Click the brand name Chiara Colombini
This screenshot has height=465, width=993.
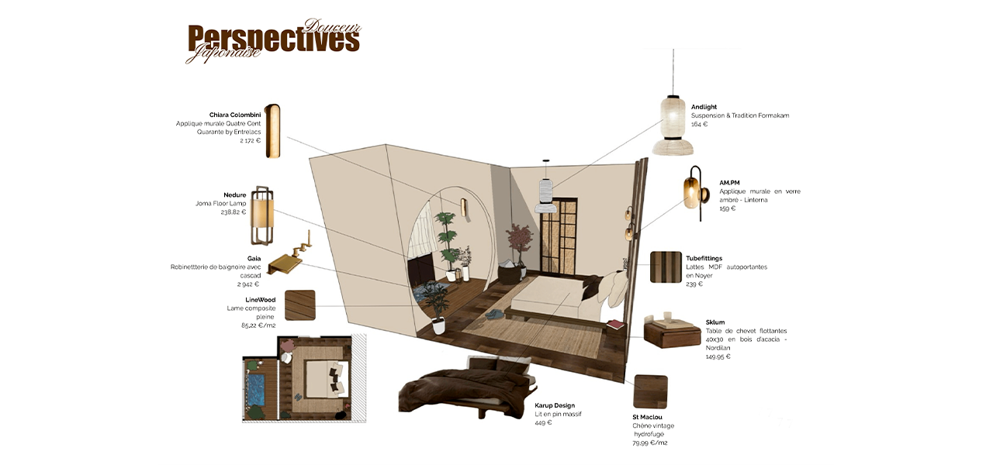click(x=234, y=115)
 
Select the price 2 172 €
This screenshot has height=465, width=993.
click(x=250, y=140)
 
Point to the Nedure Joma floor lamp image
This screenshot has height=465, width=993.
click(x=262, y=215)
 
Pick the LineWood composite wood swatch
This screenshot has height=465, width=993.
click(x=300, y=305)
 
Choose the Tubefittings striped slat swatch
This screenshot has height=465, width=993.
click(x=666, y=267)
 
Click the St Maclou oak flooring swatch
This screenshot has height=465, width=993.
click(x=650, y=391)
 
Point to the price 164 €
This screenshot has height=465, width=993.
click(x=699, y=124)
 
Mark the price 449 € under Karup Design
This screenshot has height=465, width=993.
click(x=543, y=422)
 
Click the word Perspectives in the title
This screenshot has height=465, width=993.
click(x=273, y=40)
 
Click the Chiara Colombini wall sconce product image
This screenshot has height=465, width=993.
click(x=272, y=131)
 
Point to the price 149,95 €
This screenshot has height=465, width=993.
click(x=718, y=356)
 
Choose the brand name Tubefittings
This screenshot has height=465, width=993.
click(x=704, y=258)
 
